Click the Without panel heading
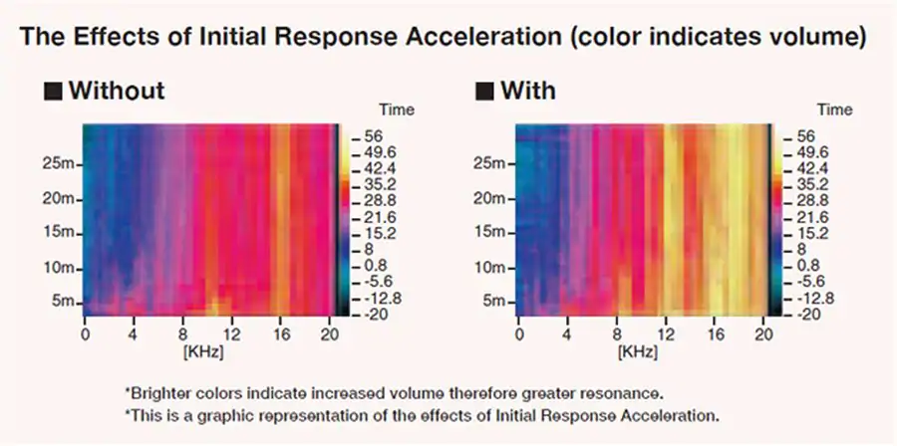117,92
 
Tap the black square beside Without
53,93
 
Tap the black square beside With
485,93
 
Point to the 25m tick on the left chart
62,163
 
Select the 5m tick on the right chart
494,302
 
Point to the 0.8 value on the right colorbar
801,266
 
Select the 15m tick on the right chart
492,233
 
